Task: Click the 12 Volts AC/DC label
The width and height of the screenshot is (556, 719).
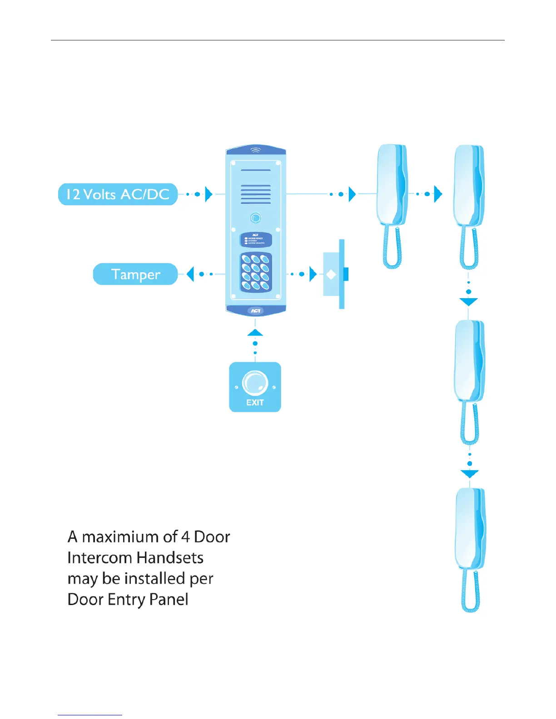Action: (x=118, y=194)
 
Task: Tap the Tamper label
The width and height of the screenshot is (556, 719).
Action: (x=135, y=274)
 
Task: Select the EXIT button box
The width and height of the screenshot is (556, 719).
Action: (x=255, y=387)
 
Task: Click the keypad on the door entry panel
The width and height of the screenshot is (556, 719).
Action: (x=256, y=272)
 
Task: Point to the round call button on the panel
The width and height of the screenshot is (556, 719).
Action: (x=256, y=218)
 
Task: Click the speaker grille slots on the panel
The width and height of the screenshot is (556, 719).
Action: (x=256, y=194)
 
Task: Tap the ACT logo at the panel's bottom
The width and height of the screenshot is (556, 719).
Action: (x=256, y=310)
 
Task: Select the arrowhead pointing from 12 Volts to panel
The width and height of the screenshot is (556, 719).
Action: (x=208, y=194)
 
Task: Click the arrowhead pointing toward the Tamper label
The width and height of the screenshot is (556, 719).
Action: (x=190, y=274)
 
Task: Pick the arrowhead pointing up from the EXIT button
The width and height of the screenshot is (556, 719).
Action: (x=255, y=333)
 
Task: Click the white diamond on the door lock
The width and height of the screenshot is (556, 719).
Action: (x=331, y=275)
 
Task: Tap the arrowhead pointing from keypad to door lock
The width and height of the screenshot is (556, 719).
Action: (x=313, y=274)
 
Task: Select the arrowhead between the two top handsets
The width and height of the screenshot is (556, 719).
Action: (x=438, y=194)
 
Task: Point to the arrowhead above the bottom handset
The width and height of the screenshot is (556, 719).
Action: (x=470, y=474)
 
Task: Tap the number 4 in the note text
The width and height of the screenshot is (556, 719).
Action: (x=185, y=537)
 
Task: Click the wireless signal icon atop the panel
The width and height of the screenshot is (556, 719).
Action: (x=256, y=150)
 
